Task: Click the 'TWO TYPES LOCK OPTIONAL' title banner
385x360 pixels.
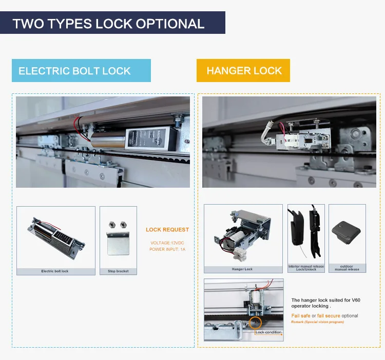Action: [x=108, y=24]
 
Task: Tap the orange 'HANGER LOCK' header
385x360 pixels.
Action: [x=244, y=71]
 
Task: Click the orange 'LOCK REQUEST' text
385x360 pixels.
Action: [x=167, y=230]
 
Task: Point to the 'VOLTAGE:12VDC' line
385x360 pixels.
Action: [x=167, y=243]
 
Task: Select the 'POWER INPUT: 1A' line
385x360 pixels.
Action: [x=167, y=249]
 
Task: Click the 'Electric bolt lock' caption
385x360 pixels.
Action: [x=55, y=271]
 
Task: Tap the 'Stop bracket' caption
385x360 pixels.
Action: [x=119, y=271]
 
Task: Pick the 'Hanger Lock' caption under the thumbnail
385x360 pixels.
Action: [x=243, y=269]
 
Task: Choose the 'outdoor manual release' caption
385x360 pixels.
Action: [x=347, y=268]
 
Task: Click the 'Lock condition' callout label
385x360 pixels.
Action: [x=269, y=332]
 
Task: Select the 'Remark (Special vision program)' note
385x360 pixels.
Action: [x=318, y=322]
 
